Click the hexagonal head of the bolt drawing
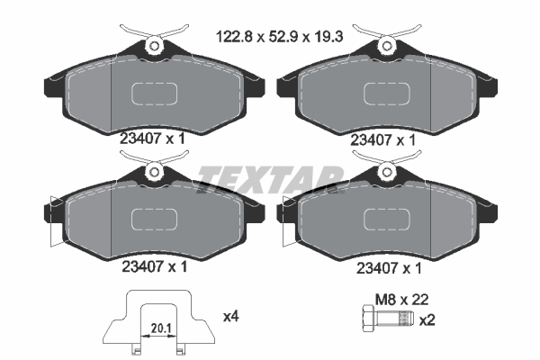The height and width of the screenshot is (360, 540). click(366, 319)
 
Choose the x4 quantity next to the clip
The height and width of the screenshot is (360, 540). click(230, 316)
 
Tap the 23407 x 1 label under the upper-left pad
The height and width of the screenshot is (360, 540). click(154, 139)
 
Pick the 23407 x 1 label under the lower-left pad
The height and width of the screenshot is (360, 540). click(154, 266)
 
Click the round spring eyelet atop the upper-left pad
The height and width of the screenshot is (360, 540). click(154, 45)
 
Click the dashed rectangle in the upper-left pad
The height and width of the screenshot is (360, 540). click(155, 94)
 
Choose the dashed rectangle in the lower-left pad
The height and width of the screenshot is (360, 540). click(155, 220)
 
